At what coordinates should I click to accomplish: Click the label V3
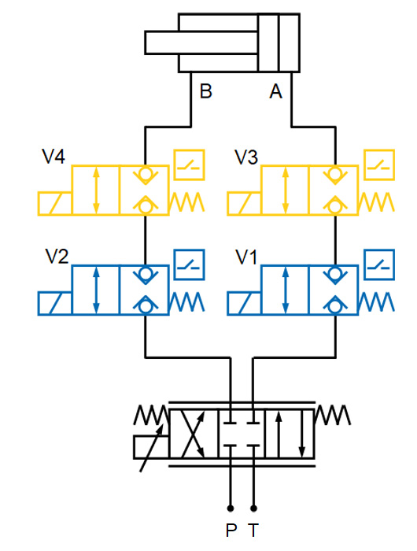point(246,157)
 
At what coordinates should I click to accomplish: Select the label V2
point(57,257)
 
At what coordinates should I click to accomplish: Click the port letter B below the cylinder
point(205,92)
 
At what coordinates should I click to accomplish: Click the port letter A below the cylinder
point(275,92)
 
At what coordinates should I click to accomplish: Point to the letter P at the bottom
point(231,531)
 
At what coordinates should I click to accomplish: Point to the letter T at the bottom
point(253,531)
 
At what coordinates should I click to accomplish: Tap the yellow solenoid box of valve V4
point(54,203)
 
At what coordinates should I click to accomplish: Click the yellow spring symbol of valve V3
point(375,203)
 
